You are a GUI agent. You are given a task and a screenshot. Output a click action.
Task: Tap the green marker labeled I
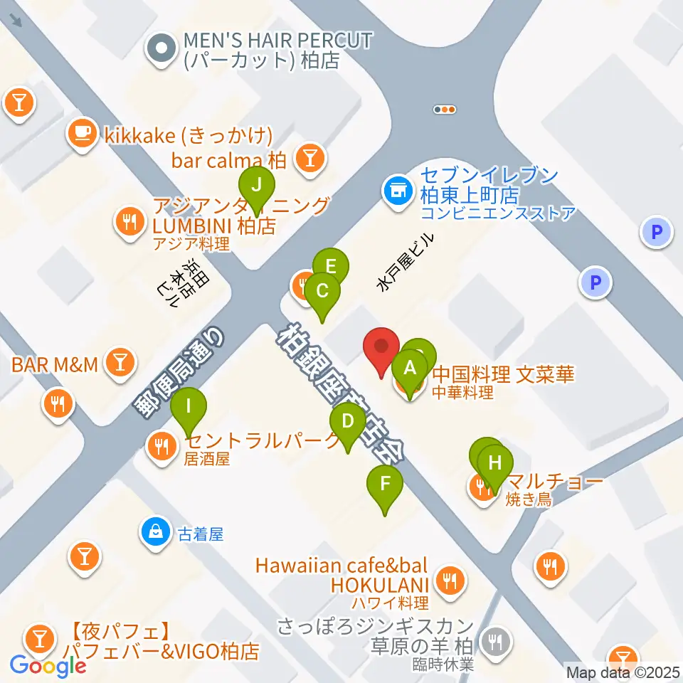[189, 408]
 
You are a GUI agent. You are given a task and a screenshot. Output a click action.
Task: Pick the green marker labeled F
[385, 485]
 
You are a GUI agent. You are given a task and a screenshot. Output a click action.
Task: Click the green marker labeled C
[322, 291]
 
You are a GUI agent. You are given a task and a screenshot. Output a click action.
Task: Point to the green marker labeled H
[494, 461]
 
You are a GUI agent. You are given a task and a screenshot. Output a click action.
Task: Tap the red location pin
[381, 348]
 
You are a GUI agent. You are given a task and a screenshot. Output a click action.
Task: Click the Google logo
[48, 665]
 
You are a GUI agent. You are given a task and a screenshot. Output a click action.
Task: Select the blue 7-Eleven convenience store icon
[396, 190]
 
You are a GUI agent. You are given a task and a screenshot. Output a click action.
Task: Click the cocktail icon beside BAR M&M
[119, 364]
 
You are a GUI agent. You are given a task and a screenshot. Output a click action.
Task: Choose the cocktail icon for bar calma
[309, 159]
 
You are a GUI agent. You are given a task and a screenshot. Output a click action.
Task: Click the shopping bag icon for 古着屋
[154, 531]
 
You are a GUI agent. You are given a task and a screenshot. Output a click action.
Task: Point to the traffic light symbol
[444, 110]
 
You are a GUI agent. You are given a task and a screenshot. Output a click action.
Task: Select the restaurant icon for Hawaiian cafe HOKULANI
[450, 581]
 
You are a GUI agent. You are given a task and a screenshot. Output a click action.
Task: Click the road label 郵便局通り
[179, 372]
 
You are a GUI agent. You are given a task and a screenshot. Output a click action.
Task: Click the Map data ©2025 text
[623, 672]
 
